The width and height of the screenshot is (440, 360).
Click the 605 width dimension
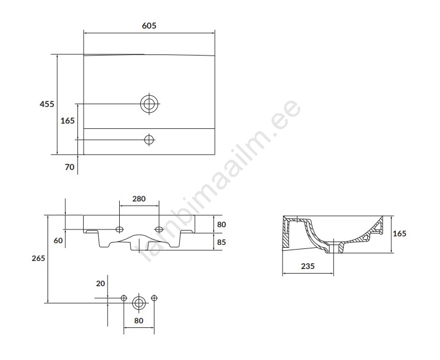click(x=149, y=26)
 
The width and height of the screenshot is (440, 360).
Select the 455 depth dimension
click(x=47, y=104)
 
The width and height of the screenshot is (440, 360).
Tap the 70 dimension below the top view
click(x=69, y=167)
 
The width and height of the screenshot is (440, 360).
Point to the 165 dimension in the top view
click(x=68, y=121)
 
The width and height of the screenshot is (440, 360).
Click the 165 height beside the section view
click(x=399, y=234)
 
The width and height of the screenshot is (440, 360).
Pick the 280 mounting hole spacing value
click(x=139, y=199)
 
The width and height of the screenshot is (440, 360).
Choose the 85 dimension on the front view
click(x=221, y=242)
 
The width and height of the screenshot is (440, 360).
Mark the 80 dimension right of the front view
click(x=221, y=224)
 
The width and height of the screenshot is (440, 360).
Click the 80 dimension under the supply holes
click(x=139, y=321)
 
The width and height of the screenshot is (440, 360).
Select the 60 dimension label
click(x=58, y=240)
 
